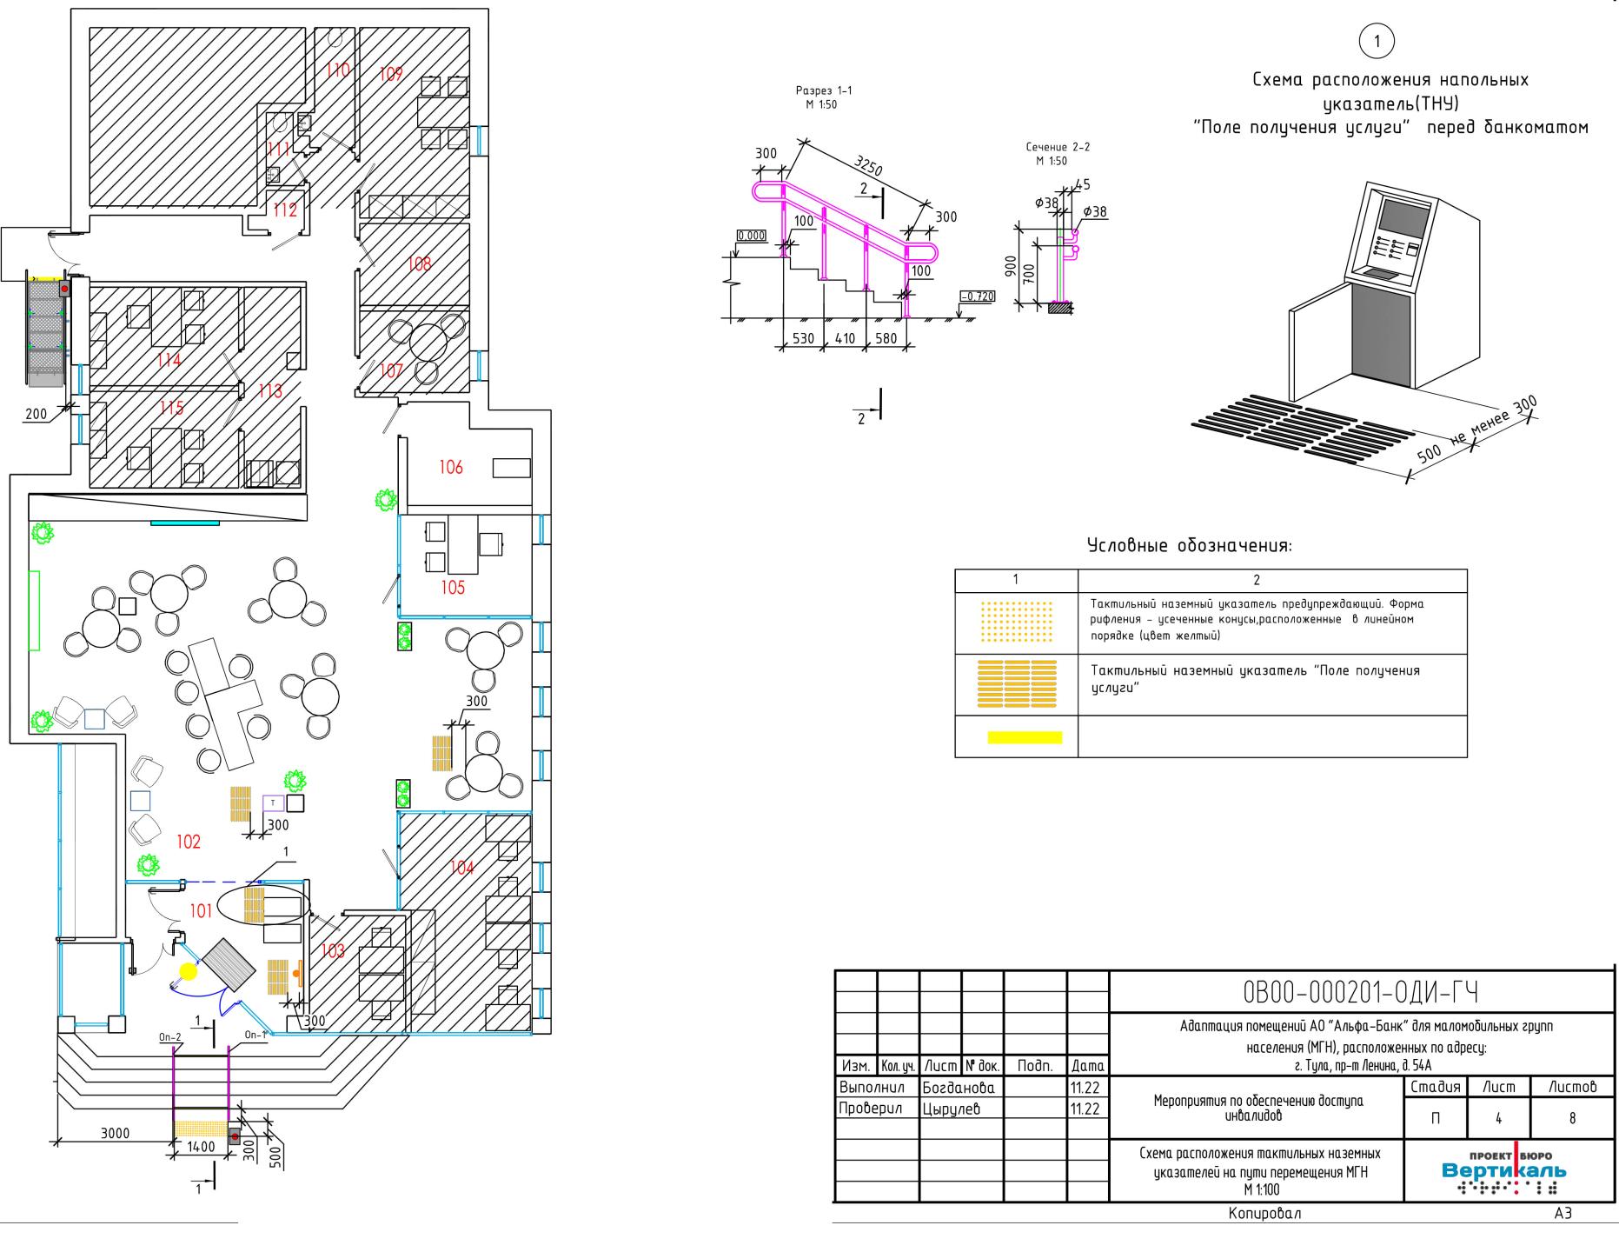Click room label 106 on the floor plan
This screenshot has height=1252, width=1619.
[x=451, y=468]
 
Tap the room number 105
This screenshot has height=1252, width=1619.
[x=453, y=588]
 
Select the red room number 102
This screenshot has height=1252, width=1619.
[x=189, y=842]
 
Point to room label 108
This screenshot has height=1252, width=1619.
[x=419, y=263]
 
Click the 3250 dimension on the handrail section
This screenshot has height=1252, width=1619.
[x=870, y=165]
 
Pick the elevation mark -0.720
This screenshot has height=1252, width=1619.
[x=977, y=296]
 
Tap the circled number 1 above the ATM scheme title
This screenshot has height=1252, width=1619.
[x=1376, y=41]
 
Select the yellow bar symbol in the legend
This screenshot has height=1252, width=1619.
[x=1025, y=737]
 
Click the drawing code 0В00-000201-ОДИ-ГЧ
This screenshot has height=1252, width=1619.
[x=1362, y=992]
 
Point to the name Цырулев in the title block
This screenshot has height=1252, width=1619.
[x=951, y=1109]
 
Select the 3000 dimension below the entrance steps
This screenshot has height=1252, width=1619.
[x=115, y=1133]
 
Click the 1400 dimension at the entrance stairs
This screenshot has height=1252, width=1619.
[x=201, y=1147]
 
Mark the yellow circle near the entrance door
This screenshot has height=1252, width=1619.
[x=188, y=971]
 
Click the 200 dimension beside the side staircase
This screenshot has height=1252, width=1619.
[x=36, y=414]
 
